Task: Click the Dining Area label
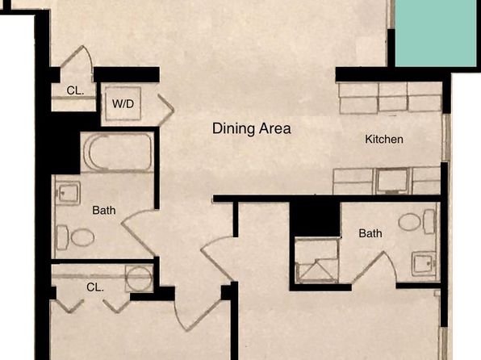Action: click(252, 128)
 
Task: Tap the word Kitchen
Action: click(384, 140)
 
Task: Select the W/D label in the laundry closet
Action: click(123, 104)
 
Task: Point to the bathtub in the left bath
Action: click(118, 153)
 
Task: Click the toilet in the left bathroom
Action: click(76, 237)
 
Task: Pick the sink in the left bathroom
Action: click(68, 193)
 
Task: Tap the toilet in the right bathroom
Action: click(416, 222)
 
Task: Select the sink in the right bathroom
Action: click(425, 263)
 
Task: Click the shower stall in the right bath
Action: click(317, 260)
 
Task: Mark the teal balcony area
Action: click(436, 33)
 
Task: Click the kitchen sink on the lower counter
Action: click(392, 180)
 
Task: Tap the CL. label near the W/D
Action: click(75, 90)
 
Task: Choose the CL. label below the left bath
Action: click(95, 287)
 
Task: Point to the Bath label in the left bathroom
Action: click(104, 210)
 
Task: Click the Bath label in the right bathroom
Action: click(370, 233)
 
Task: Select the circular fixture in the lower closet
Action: click(140, 278)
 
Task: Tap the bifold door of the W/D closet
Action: click(165, 110)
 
